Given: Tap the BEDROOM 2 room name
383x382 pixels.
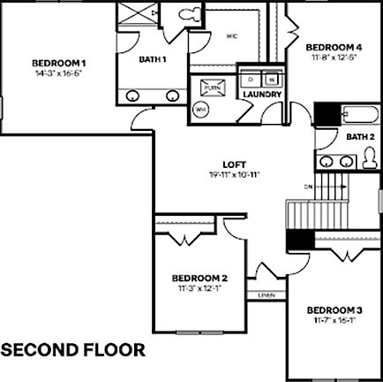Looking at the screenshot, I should tap(200, 278).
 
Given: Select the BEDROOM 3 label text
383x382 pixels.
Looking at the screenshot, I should tap(334, 309).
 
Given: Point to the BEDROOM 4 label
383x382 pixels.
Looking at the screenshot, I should tap(334, 47).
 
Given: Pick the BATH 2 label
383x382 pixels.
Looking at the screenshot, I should tap(360, 136).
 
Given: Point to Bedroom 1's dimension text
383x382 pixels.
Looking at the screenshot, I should tap(59, 73).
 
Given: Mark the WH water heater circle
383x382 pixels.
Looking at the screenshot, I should tap(200, 110).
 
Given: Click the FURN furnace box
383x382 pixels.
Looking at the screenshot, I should tap(211, 88).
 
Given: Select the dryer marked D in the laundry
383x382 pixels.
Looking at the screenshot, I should tap(252, 78).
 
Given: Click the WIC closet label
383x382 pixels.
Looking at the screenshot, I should tap(232, 36).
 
